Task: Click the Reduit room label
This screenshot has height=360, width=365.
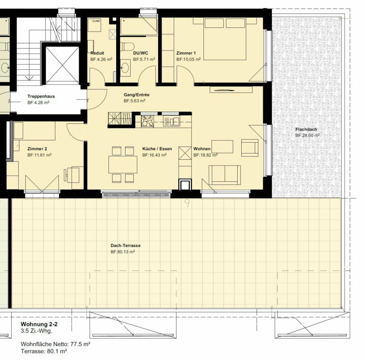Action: click(x=97, y=53)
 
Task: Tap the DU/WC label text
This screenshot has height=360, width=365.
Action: click(x=140, y=53)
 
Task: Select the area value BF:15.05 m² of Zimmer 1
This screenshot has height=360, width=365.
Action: click(x=189, y=59)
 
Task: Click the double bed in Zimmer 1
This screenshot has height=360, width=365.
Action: click(x=225, y=39)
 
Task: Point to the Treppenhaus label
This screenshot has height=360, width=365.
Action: click(x=41, y=96)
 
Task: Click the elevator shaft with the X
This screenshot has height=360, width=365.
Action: click(x=62, y=65)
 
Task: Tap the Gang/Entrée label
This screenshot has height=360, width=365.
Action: click(x=137, y=94)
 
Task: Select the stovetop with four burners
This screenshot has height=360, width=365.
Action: click(x=147, y=121)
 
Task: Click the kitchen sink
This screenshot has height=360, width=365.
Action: click(x=171, y=121)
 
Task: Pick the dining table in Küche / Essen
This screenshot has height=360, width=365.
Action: click(x=123, y=165)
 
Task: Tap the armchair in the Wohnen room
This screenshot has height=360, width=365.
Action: click(x=250, y=148)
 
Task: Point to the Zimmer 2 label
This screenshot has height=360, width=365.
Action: click(x=37, y=148)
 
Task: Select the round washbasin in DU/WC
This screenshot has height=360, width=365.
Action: click(x=126, y=67)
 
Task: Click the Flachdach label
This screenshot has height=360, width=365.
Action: click(x=306, y=130)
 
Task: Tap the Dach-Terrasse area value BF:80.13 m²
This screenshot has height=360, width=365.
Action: click(x=123, y=252)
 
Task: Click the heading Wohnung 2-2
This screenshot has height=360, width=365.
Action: click(x=39, y=324)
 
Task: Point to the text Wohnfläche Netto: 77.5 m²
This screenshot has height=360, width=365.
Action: click(x=55, y=344)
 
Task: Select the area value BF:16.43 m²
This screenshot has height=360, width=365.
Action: click(x=154, y=155)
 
